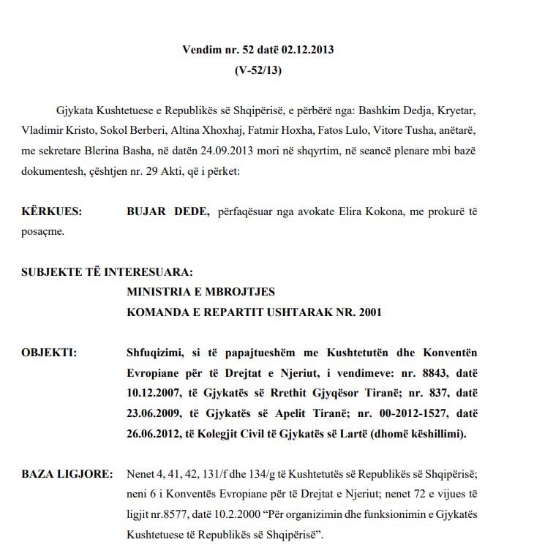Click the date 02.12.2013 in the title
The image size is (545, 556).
[x=307, y=50]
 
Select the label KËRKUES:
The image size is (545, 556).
[x=52, y=212]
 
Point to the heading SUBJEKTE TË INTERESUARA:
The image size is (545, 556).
[x=108, y=272]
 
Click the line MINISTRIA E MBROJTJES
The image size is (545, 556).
[x=200, y=292]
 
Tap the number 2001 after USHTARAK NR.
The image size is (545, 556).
[x=368, y=312]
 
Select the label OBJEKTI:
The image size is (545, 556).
[x=49, y=352]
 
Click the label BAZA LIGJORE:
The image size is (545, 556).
[x=67, y=475]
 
